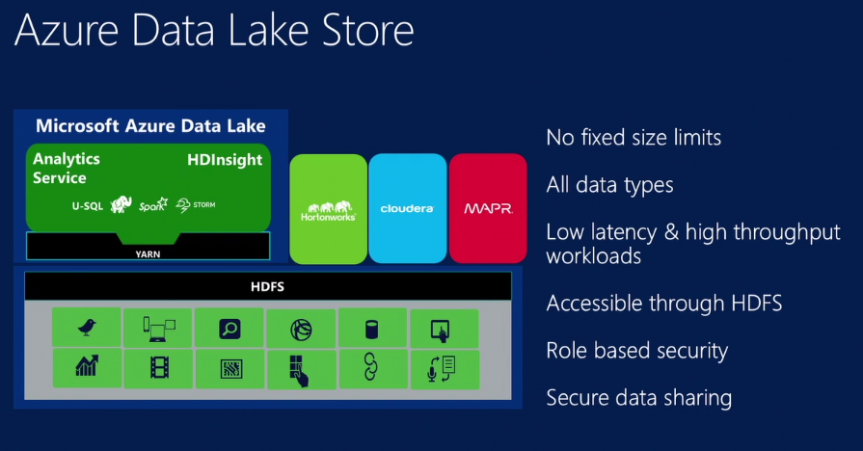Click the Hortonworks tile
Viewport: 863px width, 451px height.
(329, 208)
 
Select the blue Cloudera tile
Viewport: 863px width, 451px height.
(407, 208)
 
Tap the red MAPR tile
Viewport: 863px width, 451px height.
(487, 208)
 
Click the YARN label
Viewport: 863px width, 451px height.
(148, 254)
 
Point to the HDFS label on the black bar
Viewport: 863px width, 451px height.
(267, 286)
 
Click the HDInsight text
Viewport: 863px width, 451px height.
(224, 160)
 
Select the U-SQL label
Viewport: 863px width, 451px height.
(87, 205)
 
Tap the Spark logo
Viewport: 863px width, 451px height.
(153, 205)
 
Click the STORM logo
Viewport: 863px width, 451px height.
(196, 205)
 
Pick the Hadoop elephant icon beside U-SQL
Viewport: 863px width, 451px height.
(121, 204)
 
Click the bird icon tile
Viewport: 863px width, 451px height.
(87, 328)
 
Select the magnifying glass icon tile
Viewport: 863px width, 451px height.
(229, 328)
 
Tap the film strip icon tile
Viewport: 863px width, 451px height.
(158, 368)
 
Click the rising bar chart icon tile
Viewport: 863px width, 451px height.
(87, 367)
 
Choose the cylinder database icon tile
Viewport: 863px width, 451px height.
(372, 328)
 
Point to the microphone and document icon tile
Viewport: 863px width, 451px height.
(444, 368)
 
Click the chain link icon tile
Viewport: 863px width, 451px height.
(372, 368)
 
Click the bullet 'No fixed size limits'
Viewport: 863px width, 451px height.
(634, 138)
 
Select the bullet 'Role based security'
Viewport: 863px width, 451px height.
(636, 350)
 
